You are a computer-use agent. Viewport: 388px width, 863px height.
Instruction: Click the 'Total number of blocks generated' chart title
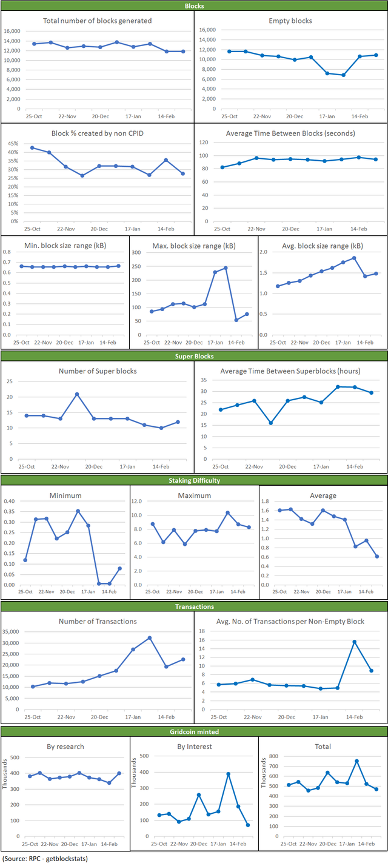(97, 21)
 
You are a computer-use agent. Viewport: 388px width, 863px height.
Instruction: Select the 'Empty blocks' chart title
(290, 21)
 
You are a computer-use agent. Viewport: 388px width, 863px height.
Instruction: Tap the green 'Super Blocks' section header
(194, 357)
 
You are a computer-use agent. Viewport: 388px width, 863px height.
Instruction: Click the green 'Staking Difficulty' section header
(194, 480)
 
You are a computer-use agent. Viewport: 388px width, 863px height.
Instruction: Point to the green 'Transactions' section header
(194, 606)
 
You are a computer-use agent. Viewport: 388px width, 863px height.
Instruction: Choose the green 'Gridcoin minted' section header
(194, 732)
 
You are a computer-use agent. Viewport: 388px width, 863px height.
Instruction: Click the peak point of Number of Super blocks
(77, 394)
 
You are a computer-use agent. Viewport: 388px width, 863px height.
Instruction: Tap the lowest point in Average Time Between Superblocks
(271, 423)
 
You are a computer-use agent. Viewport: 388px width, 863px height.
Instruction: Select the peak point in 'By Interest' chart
(229, 774)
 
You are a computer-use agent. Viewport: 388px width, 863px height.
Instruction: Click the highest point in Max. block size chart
(226, 267)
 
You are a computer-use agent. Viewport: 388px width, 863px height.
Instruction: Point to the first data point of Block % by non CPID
(32, 147)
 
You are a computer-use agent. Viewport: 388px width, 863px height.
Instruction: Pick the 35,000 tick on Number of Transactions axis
(13, 632)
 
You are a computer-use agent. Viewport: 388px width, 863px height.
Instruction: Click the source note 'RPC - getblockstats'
(42, 858)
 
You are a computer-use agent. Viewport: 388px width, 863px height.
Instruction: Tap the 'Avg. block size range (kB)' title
(323, 245)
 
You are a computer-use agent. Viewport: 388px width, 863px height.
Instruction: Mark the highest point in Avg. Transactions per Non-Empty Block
(355, 642)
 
